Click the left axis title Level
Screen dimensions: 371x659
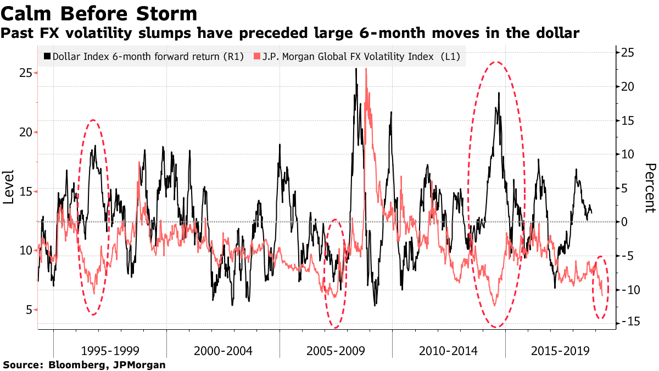tap(9, 187)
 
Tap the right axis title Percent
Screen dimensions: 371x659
tap(650, 187)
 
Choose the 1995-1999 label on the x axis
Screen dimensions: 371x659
tap(110, 351)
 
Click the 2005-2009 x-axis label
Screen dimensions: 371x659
tap(336, 351)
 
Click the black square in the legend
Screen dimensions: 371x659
tap(47, 57)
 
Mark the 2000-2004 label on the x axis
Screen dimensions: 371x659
tap(223, 351)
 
